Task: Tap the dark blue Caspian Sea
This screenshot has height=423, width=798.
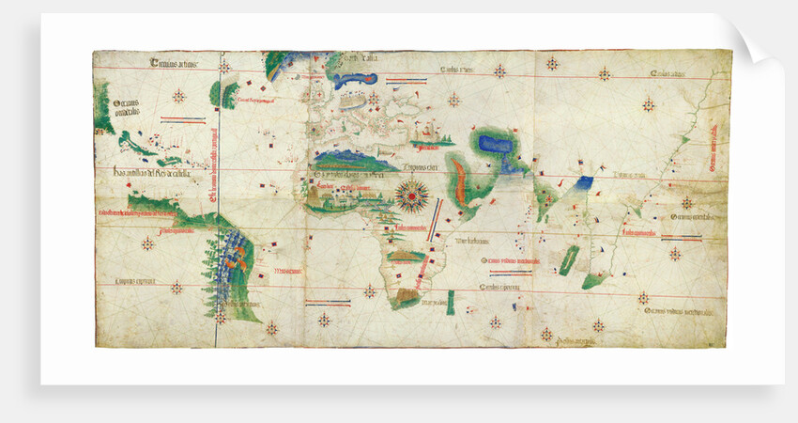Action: point(492,145)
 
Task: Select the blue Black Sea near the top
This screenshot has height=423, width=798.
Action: point(356,81)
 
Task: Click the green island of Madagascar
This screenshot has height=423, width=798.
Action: point(450,302)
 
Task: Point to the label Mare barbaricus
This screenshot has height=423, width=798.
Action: point(468,241)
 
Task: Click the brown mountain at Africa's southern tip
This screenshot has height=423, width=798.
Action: point(405,298)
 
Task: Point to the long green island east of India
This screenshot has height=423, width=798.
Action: point(568,258)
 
